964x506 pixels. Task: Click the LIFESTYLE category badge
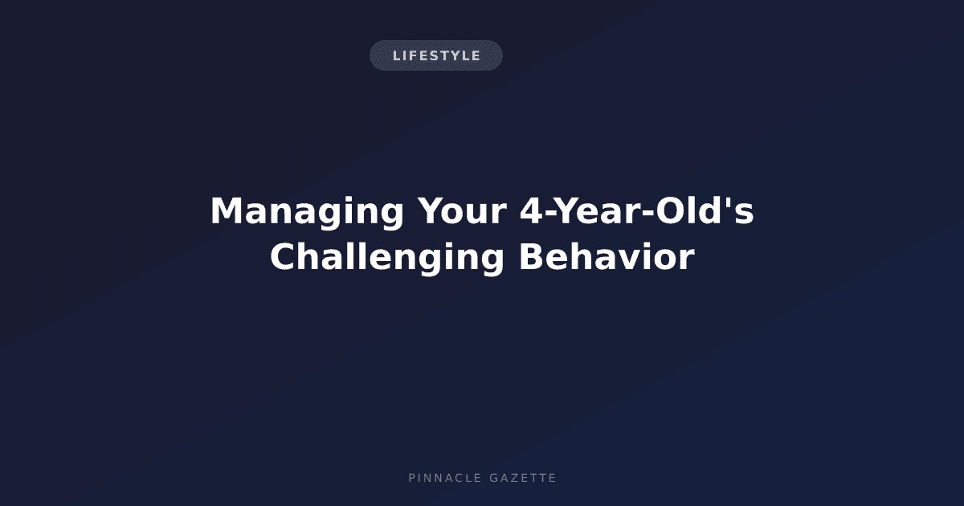click(x=436, y=55)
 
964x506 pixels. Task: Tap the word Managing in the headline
click(x=307, y=212)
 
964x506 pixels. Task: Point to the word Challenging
click(x=387, y=258)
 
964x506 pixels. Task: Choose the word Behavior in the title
click(x=607, y=257)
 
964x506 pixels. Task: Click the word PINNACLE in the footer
click(x=444, y=478)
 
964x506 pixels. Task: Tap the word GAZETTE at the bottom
click(x=523, y=478)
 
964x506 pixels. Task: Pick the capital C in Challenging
click(x=283, y=257)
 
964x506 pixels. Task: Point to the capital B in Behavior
click(x=531, y=257)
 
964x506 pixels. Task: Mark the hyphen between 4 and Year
click(x=549, y=214)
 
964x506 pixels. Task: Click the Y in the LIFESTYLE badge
click(x=448, y=56)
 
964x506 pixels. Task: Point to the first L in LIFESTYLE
click(x=396, y=56)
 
